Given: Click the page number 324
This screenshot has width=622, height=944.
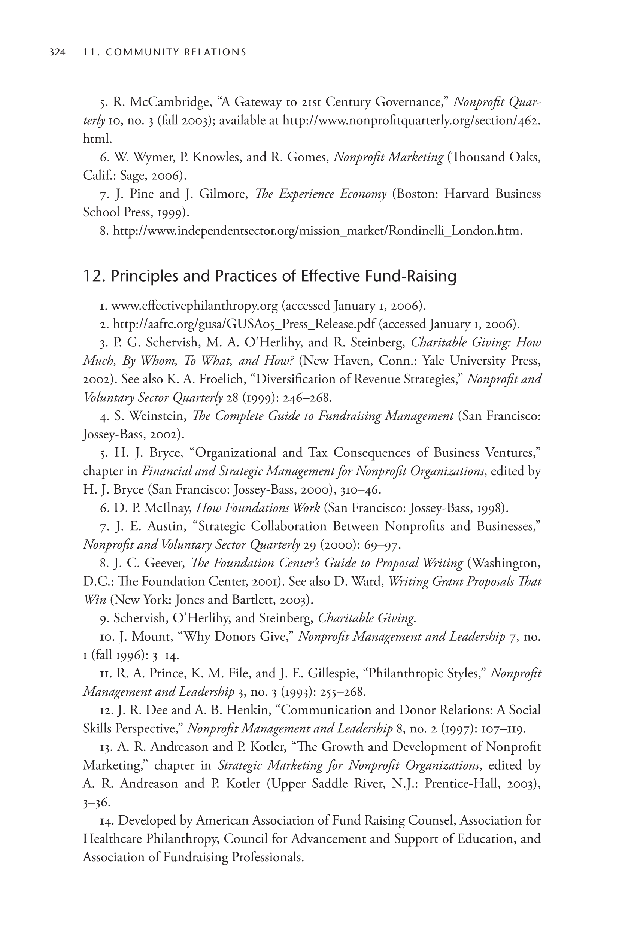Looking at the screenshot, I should tap(57, 52).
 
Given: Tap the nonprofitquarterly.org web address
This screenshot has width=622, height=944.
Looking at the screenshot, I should tap(411, 121).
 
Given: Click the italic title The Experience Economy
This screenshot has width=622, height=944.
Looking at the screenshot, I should tap(321, 194).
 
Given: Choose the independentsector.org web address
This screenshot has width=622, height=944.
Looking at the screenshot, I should tap(317, 230).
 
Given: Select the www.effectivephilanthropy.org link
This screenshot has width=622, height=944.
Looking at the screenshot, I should tap(194, 306).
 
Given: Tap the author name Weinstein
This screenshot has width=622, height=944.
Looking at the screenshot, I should tap(157, 416).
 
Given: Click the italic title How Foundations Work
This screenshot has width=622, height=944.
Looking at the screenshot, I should tap(258, 508).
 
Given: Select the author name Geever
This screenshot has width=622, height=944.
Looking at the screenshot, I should tap(165, 563).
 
